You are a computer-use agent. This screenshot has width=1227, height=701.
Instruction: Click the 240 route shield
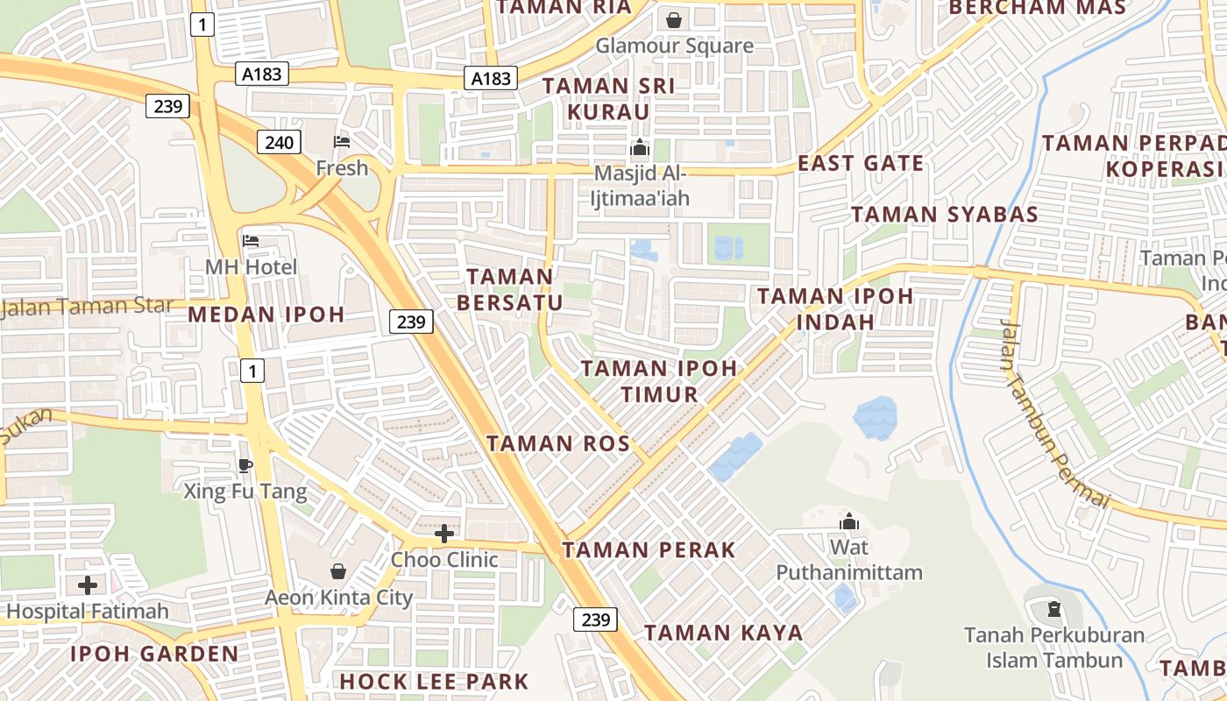(x=279, y=142)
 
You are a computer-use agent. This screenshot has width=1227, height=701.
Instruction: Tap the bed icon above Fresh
(x=342, y=142)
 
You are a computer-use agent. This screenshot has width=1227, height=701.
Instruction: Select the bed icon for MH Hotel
(x=252, y=241)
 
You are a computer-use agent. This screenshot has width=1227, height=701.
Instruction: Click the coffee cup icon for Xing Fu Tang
(x=245, y=465)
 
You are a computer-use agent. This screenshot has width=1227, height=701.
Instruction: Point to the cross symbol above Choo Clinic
(x=444, y=533)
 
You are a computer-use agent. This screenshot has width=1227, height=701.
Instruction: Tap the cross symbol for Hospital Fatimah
(x=88, y=584)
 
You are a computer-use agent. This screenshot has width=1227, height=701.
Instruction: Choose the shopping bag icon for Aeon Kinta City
(x=338, y=572)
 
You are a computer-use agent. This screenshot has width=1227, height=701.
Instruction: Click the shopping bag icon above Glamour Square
(x=674, y=19)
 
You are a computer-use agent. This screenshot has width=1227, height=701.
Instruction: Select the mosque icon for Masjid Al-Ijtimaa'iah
(x=641, y=146)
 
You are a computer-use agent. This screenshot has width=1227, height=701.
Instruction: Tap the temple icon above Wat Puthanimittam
(x=848, y=522)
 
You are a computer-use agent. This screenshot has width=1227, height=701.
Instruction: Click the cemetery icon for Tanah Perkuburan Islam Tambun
(x=1054, y=607)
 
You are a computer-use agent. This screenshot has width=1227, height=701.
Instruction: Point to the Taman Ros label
(x=558, y=443)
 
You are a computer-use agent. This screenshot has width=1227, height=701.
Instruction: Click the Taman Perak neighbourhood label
(x=649, y=550)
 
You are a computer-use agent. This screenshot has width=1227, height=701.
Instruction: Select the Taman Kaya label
(x=724, y=633)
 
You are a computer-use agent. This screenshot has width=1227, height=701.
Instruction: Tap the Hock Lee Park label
(x=434, y=681)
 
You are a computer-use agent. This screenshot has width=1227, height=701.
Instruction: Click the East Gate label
(x=861, y=163)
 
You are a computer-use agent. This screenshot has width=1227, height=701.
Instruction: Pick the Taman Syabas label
(x=945, y=215)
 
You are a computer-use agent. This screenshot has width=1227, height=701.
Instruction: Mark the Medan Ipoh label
(x=266, y=315)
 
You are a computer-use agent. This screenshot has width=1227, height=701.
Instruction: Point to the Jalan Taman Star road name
(x=88, y=306)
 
